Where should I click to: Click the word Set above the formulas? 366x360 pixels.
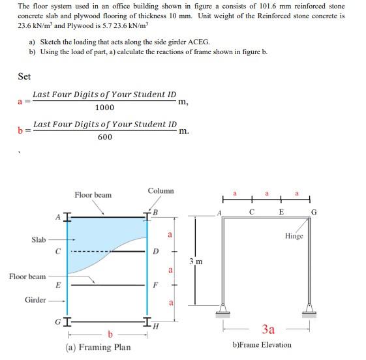(24, 77)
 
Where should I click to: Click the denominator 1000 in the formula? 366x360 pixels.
(104, 108)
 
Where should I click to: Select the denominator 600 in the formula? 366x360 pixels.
(105, 137)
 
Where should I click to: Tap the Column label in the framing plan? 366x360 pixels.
(160, 191)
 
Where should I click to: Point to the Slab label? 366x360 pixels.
(38, 240)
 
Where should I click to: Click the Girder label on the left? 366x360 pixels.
(35, 300)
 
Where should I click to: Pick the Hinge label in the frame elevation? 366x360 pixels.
(294, 236)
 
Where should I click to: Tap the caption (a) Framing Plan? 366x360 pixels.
(98, 348)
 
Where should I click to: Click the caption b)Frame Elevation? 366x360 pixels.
(262, 344)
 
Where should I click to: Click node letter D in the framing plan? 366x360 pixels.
(155, 251)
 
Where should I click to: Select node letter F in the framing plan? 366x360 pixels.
(155, 285)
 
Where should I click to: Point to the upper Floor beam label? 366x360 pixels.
(93, 195)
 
